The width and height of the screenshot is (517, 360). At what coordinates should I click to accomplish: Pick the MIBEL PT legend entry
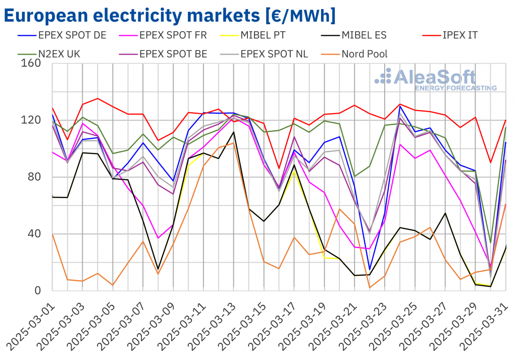[x=268, y=35]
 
